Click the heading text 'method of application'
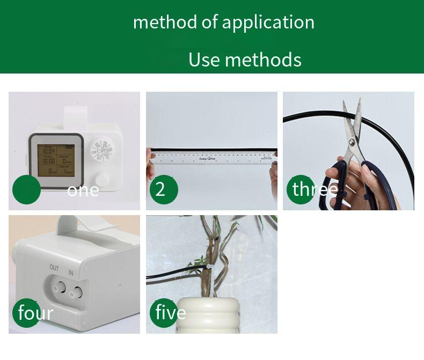pyautogui.click(x=223, y=23)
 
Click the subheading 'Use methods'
pyautogui.click(x=245, y=60)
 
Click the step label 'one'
pyautogui.click(x=83, y=190)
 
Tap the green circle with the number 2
pyautogui.click(x=160, y=189)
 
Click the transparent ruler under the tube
pyautogui.click(x=212, y=159)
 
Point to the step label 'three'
pyautogui.click(x=315, y=189)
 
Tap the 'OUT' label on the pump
pyautogui.click(x=54, y=268)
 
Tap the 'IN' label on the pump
pyautogui.click(x=70, y=273)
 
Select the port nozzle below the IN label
pyautogui.click(x=77, y=292)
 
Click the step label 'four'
pyautogui.click(x=35, y=313)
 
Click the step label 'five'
pyautogui.click(x=170, y=312)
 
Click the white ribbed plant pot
pyautogui.click(x=212, y=316)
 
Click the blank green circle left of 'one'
pyautogui.click(x=26, y=189)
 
